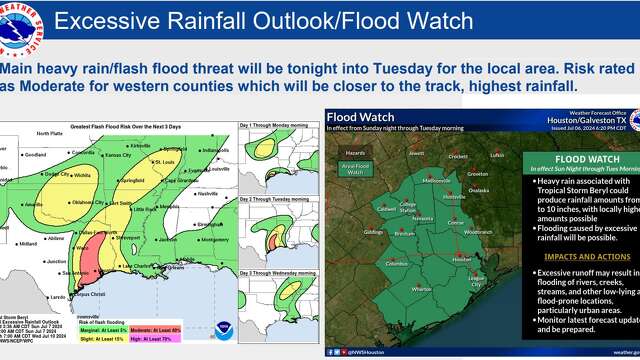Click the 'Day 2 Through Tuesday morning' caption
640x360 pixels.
272,199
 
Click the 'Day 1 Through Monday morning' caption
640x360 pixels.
271,125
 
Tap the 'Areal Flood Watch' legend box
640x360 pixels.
350,171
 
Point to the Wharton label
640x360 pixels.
421,288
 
